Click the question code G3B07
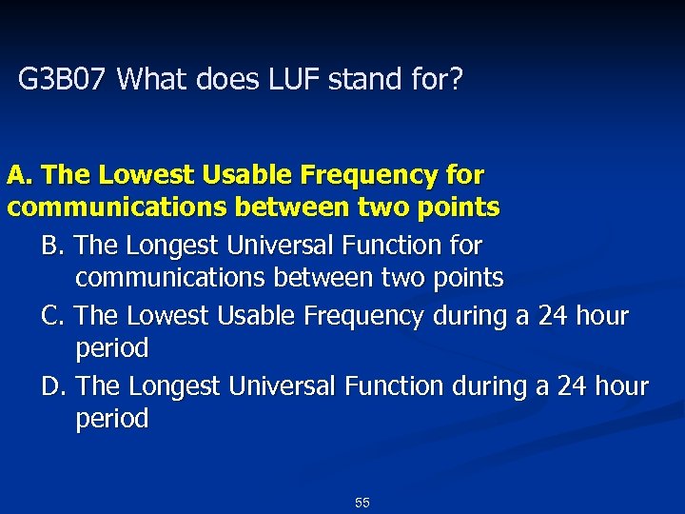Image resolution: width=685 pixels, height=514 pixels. (x=64, y=79)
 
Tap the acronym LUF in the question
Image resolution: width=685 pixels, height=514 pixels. (x=287, y=79)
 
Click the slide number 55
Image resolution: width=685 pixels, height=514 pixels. (x=362, y=503)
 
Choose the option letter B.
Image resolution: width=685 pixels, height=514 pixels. (x=52, y=246)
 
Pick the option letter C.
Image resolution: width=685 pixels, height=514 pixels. (x=52, y=316)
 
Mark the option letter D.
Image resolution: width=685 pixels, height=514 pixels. (x=53, y=386)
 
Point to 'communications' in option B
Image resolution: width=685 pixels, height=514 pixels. (x=171, y=278)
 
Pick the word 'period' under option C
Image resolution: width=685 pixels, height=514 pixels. (x=112, y=348)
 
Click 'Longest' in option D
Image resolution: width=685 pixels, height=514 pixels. (x=174, y=386)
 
